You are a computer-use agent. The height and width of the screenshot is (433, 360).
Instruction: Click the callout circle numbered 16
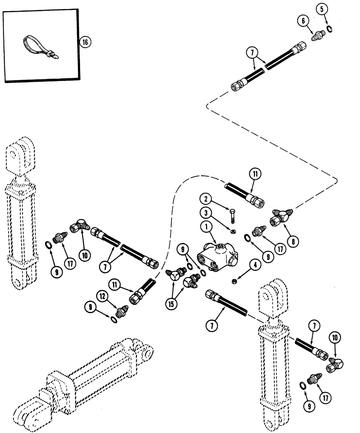point(86,42)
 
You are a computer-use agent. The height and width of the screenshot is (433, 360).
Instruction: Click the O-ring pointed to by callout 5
point(329,29)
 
